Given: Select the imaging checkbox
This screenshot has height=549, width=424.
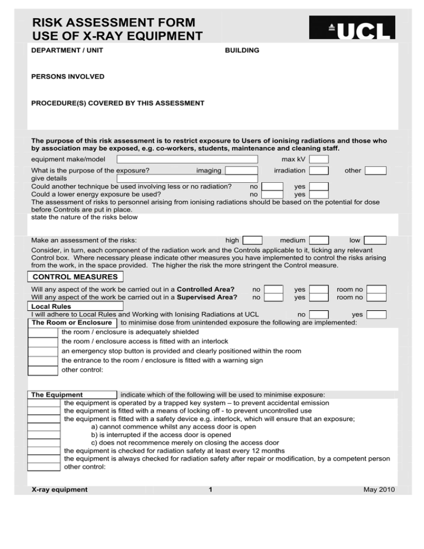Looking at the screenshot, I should (x=241, y=171).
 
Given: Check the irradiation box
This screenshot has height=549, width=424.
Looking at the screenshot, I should (x=319, y=171).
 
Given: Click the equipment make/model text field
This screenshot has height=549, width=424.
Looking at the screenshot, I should (x=187, y=160).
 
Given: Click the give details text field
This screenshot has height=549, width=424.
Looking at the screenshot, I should (x=187, y=178).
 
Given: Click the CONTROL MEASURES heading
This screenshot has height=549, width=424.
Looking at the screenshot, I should (x=75, y=277).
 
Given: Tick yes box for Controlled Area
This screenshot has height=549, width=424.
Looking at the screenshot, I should (x=319, y=289).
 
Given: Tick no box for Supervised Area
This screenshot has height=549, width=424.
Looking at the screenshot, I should (x=273, y=297).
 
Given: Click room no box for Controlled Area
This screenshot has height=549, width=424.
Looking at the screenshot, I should (x=376, y=289).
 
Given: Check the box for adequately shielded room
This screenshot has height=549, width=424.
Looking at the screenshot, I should (x=43, y=333).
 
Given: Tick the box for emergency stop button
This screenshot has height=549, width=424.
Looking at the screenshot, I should (x=43, y=351).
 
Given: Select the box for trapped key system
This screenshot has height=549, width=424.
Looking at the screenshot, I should (x=44, y=403).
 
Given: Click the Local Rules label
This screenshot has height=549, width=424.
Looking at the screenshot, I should (x=47, y=306).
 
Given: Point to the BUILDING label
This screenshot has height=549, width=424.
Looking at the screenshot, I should (x=242, y=51).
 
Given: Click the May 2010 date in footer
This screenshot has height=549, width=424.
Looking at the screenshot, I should (x=380, y=489).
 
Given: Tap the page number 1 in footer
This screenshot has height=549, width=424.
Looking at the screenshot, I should (x=211, y=489).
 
